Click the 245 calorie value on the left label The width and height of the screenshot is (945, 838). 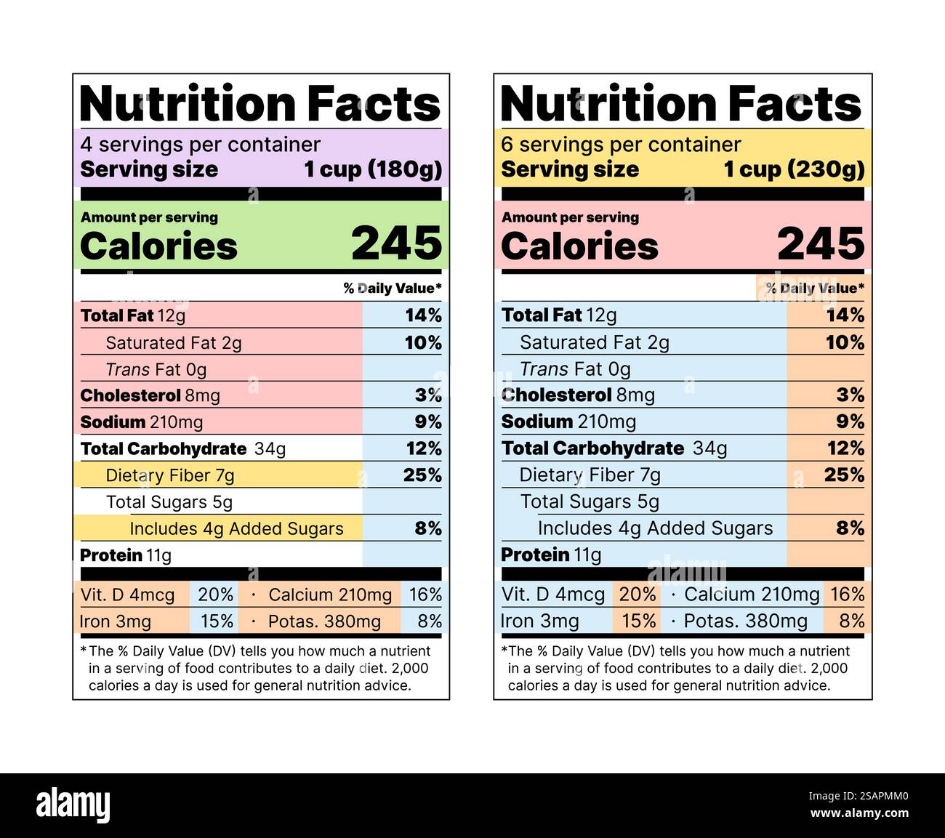pos(396,243)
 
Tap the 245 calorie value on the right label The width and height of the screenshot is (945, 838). pos(821,243)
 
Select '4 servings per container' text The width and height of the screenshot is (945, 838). pos(200,145)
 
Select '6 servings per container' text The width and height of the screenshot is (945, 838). pos(621,145)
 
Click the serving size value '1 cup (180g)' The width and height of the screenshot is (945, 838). pos(373,169)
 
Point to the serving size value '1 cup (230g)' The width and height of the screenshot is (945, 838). pos(794,169)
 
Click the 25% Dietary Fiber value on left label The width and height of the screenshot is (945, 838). pos(422,475)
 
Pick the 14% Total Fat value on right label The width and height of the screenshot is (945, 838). pos(845,315)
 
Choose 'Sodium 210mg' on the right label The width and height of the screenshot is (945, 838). pos(568,422)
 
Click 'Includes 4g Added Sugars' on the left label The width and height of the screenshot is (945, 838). pos(236,528)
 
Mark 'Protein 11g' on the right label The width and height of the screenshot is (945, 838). pos(551,555)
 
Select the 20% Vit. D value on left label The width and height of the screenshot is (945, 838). pos(216,595)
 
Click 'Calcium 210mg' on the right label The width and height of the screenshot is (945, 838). pos(752,595)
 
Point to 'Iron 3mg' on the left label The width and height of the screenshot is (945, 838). pos(116,621)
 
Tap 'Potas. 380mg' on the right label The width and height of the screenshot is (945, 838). pos(745,621)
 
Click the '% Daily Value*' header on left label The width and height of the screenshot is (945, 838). pos(393,289)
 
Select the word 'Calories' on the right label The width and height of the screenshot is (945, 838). pos(579,246)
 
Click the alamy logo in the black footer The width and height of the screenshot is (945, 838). pos(73,805)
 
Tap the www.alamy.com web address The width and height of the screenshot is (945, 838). pos(858,813)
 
